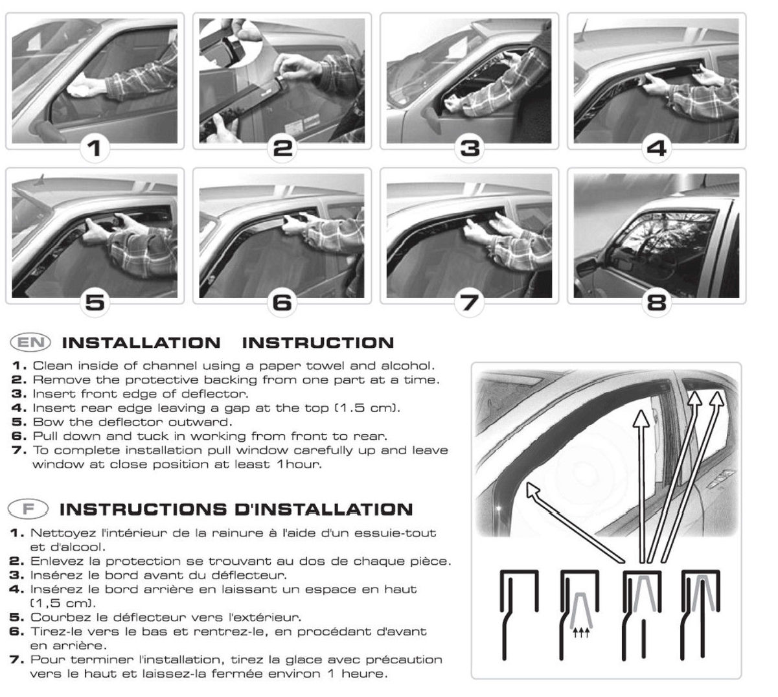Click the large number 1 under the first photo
click(x=95, y=148)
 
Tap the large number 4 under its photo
click(x=656, y=148)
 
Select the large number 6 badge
click(x=282, y=303)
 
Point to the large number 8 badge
click(x=656, y=303)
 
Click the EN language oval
click(x=30, y=342)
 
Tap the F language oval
click(x=28, y=509)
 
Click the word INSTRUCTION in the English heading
click(x=318, y=343)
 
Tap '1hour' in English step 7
click(x=299, y=464)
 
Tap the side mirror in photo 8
click(x=586, y=268)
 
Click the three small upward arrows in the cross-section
click(x=580, y=632)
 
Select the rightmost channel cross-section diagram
click(x=700, y=615)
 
